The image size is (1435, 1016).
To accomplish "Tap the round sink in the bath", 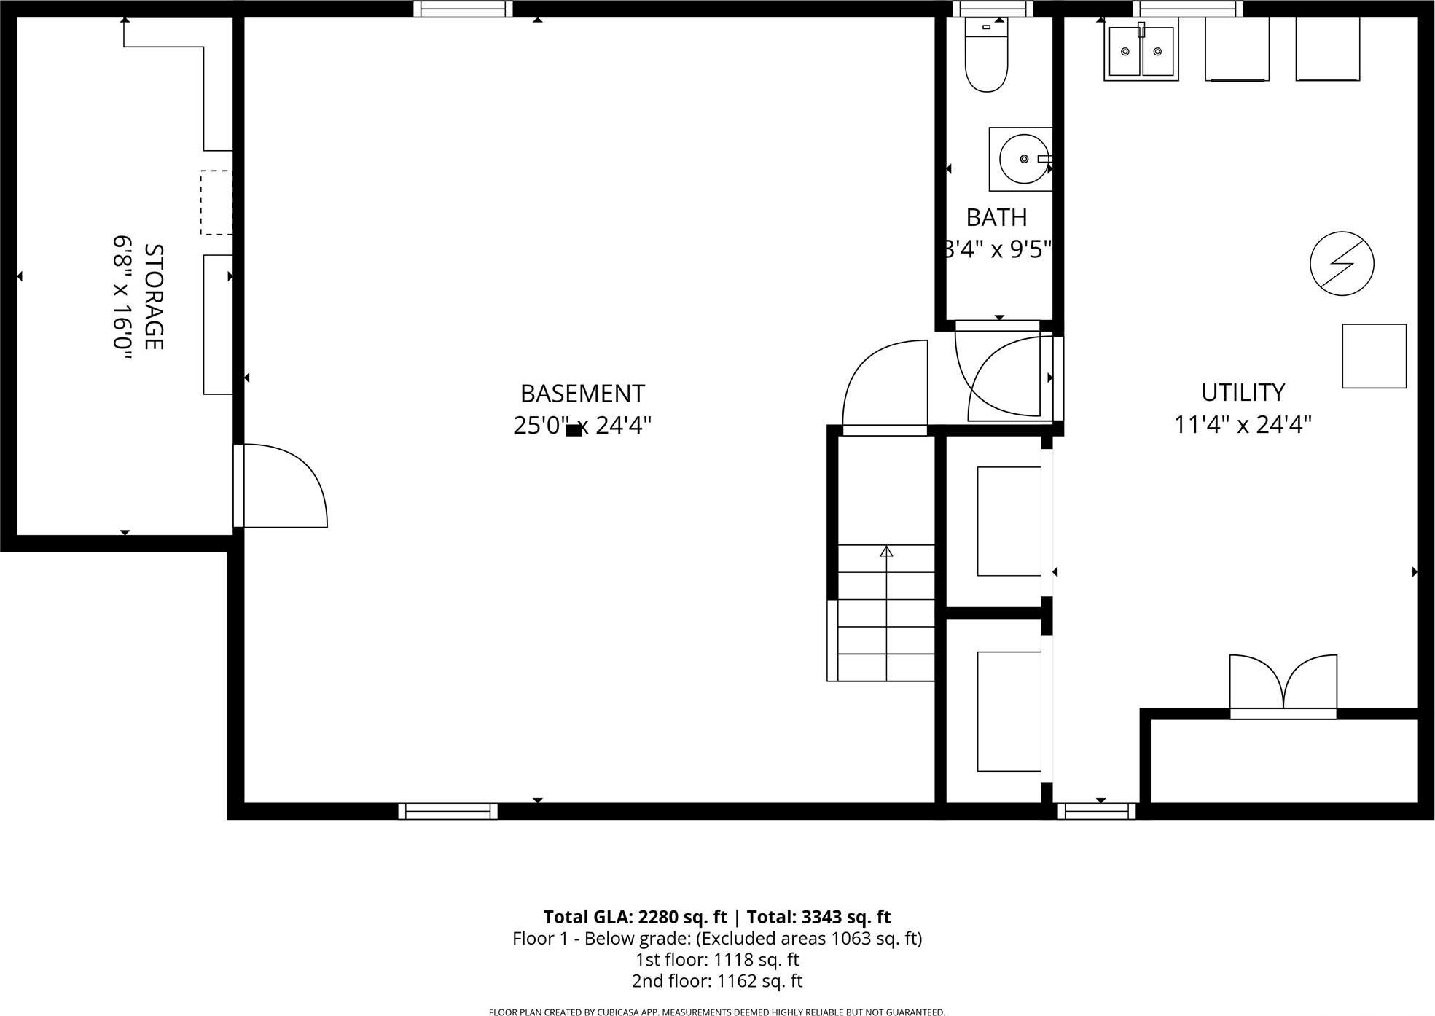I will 1023,159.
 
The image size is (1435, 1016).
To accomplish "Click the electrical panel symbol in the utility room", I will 1342,263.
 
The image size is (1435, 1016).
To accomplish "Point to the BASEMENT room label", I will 582,394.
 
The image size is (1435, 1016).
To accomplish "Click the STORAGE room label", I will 153,297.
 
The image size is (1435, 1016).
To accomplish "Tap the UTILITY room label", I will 1243,392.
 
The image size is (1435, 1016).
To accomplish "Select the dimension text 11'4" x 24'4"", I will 1243,424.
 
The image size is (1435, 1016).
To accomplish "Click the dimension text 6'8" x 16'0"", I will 122,297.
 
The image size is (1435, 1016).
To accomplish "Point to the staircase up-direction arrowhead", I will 886,552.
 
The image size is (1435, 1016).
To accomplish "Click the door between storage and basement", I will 281,486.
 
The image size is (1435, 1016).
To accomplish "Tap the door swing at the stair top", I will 885,386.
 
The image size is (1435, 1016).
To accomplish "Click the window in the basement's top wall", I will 463,9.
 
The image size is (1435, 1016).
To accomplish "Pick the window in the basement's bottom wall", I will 447,811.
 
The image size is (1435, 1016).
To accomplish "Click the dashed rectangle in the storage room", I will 216,203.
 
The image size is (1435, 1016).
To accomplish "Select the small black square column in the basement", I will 574,430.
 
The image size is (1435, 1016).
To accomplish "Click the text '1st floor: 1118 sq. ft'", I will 717,959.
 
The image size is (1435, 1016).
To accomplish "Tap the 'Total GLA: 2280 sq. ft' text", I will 635,917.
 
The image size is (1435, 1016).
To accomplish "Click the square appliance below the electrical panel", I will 1374,356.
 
